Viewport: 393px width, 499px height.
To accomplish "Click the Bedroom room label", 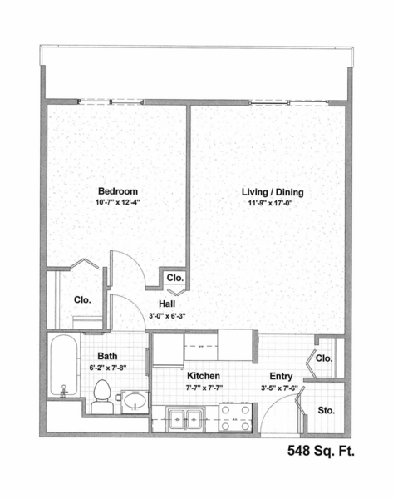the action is pos(118,191).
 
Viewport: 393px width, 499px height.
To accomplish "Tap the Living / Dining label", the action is pos(273,192).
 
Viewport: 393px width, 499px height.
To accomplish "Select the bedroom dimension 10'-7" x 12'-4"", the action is pos(118,202).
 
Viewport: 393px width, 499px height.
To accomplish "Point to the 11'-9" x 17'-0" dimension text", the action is pos(270,203).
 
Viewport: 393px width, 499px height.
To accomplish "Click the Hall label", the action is pos(167,304).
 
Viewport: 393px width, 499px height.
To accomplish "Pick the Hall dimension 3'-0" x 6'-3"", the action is pos(167,316).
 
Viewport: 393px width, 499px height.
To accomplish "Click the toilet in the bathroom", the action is pos(102,397).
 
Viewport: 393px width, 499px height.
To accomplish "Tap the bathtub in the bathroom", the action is pos(64,365).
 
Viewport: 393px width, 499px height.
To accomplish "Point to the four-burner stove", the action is pos(235,417).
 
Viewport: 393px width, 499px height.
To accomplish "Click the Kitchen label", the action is pos(204,376).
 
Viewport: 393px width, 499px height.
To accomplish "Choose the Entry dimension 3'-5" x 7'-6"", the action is pos(279,388).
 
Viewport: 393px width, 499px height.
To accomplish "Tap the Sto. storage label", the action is pos(327,411).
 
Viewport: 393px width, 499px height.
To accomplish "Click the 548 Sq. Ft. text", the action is pos(322,451).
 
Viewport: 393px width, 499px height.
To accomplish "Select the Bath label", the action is pos(107,356).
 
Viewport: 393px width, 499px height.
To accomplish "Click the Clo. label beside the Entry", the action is pos(324,358).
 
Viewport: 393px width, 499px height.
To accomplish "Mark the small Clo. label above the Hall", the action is pos(175,278).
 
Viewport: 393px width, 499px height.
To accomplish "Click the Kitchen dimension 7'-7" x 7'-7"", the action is pos(204,388).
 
